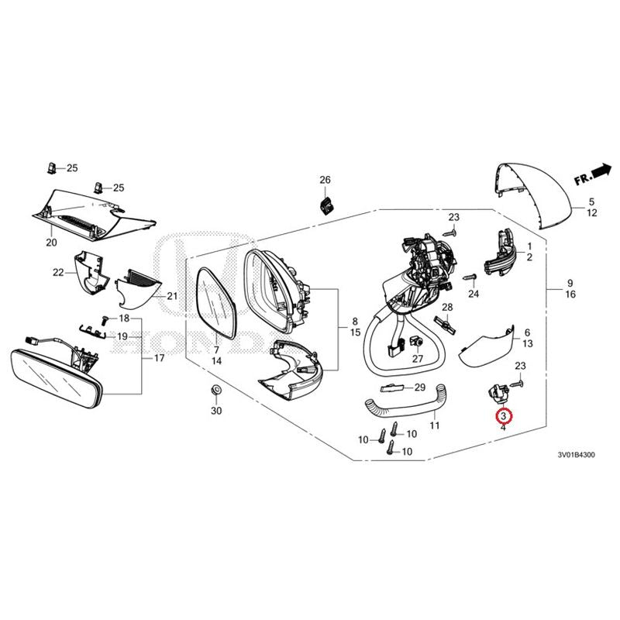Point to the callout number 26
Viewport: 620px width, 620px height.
(x=325, y=180)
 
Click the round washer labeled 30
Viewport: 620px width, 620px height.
(x=215, y=390)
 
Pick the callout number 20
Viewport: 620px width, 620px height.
(x=52, y=243)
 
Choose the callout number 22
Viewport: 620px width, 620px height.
(x=58, y=272)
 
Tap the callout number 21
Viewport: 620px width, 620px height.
(x=172, y=296)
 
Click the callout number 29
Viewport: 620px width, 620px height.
(x=419, y=387)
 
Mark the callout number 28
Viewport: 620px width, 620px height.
(x=446, y=308)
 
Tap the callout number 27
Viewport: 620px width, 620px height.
(x=418, y=359)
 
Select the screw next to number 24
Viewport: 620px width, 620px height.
(x=468, y=277)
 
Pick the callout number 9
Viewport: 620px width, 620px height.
(x=570, y=282)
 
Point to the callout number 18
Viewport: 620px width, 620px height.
(x=124, y=319)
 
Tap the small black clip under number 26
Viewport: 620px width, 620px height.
(x=326, y=205)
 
